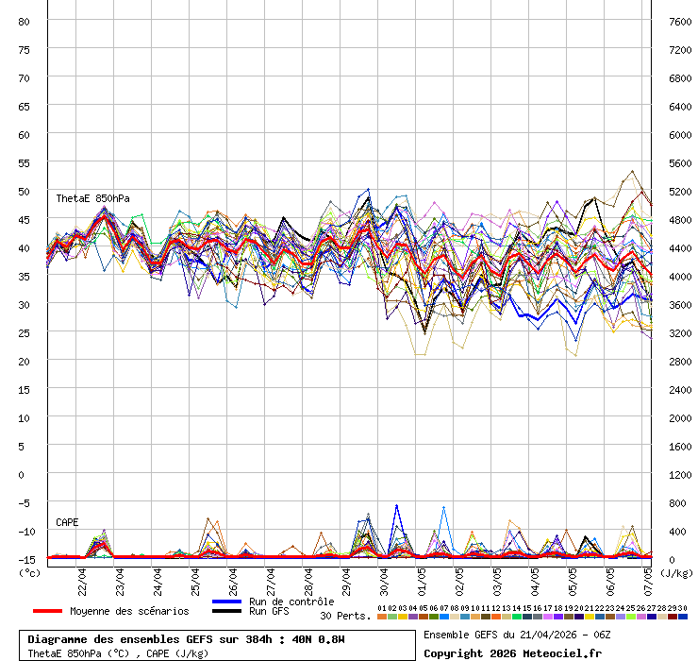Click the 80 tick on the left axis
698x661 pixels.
24,21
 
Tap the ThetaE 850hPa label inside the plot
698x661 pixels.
92,198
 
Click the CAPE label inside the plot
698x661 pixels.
67,522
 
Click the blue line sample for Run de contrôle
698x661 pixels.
227,602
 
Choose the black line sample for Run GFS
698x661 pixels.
227,612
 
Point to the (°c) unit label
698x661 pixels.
29,572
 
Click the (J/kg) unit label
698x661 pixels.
675,572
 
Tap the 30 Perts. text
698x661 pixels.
345,616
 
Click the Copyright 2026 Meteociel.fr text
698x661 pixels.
512,653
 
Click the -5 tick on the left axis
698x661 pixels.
25,502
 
